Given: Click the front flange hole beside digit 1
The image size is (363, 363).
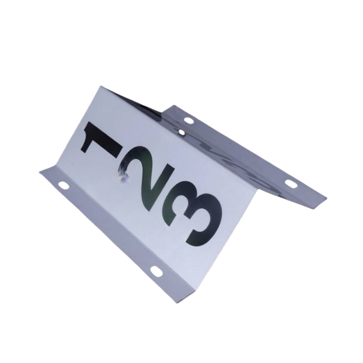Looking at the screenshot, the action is [64, 186].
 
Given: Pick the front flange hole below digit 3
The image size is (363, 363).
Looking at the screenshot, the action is [157, 271].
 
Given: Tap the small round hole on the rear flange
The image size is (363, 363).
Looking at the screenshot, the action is [182, 132].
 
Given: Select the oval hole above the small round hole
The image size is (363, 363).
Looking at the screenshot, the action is [188, 120].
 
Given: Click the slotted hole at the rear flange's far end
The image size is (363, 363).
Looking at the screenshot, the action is [291, 184].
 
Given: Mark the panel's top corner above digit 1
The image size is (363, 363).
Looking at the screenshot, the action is [101, 86].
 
